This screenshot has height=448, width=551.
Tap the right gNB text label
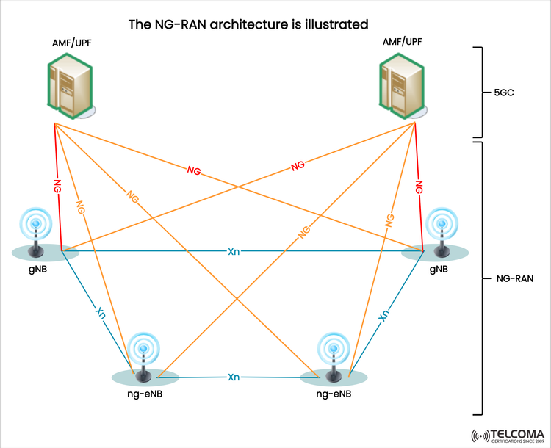pyautogui.click(x=439, y=269)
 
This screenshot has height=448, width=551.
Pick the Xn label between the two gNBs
pyautogui.click(x=234, y=252)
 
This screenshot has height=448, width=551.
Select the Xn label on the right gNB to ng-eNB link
pyautogui.click(x=383, y=315)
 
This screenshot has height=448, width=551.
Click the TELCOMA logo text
pyautogui.click(x=513, y=431)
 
